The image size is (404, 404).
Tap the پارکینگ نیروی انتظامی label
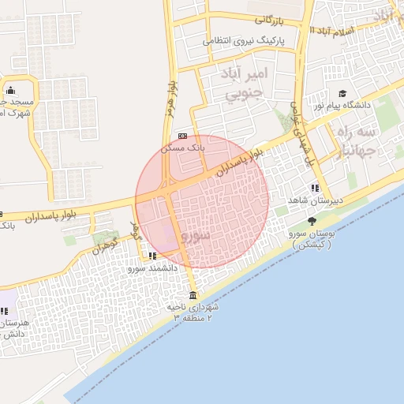(244, 40)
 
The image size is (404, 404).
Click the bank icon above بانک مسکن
(183, 136)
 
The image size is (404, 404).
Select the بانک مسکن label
(183, 147)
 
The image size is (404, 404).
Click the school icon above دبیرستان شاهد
(315, 189)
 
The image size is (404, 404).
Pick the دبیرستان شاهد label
(315, 200)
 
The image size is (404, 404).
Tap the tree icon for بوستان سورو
(312, 222)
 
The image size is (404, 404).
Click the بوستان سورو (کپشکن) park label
(312, 239)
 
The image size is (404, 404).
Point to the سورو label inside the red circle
(195, 236)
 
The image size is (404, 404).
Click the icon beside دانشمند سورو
(152, 256)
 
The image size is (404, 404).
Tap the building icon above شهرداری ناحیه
(193, 295)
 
